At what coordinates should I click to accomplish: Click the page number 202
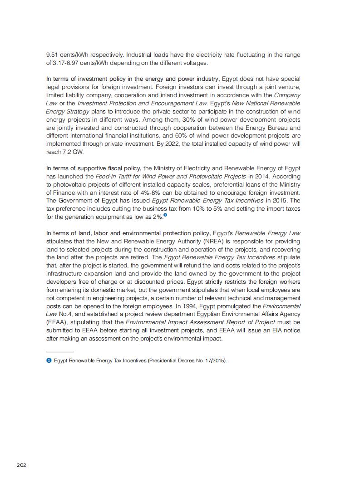[x=21, y=465]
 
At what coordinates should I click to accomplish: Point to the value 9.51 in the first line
[x=53, y=55]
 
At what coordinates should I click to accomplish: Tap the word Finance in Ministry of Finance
[x=58, y=193]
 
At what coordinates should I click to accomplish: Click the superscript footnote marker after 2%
[x=165, y=215]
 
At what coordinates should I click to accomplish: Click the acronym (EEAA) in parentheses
[x=58, y=323]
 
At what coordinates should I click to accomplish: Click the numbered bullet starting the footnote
[x=49, y=361]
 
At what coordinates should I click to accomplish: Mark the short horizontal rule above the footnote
[x=60, y=352]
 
